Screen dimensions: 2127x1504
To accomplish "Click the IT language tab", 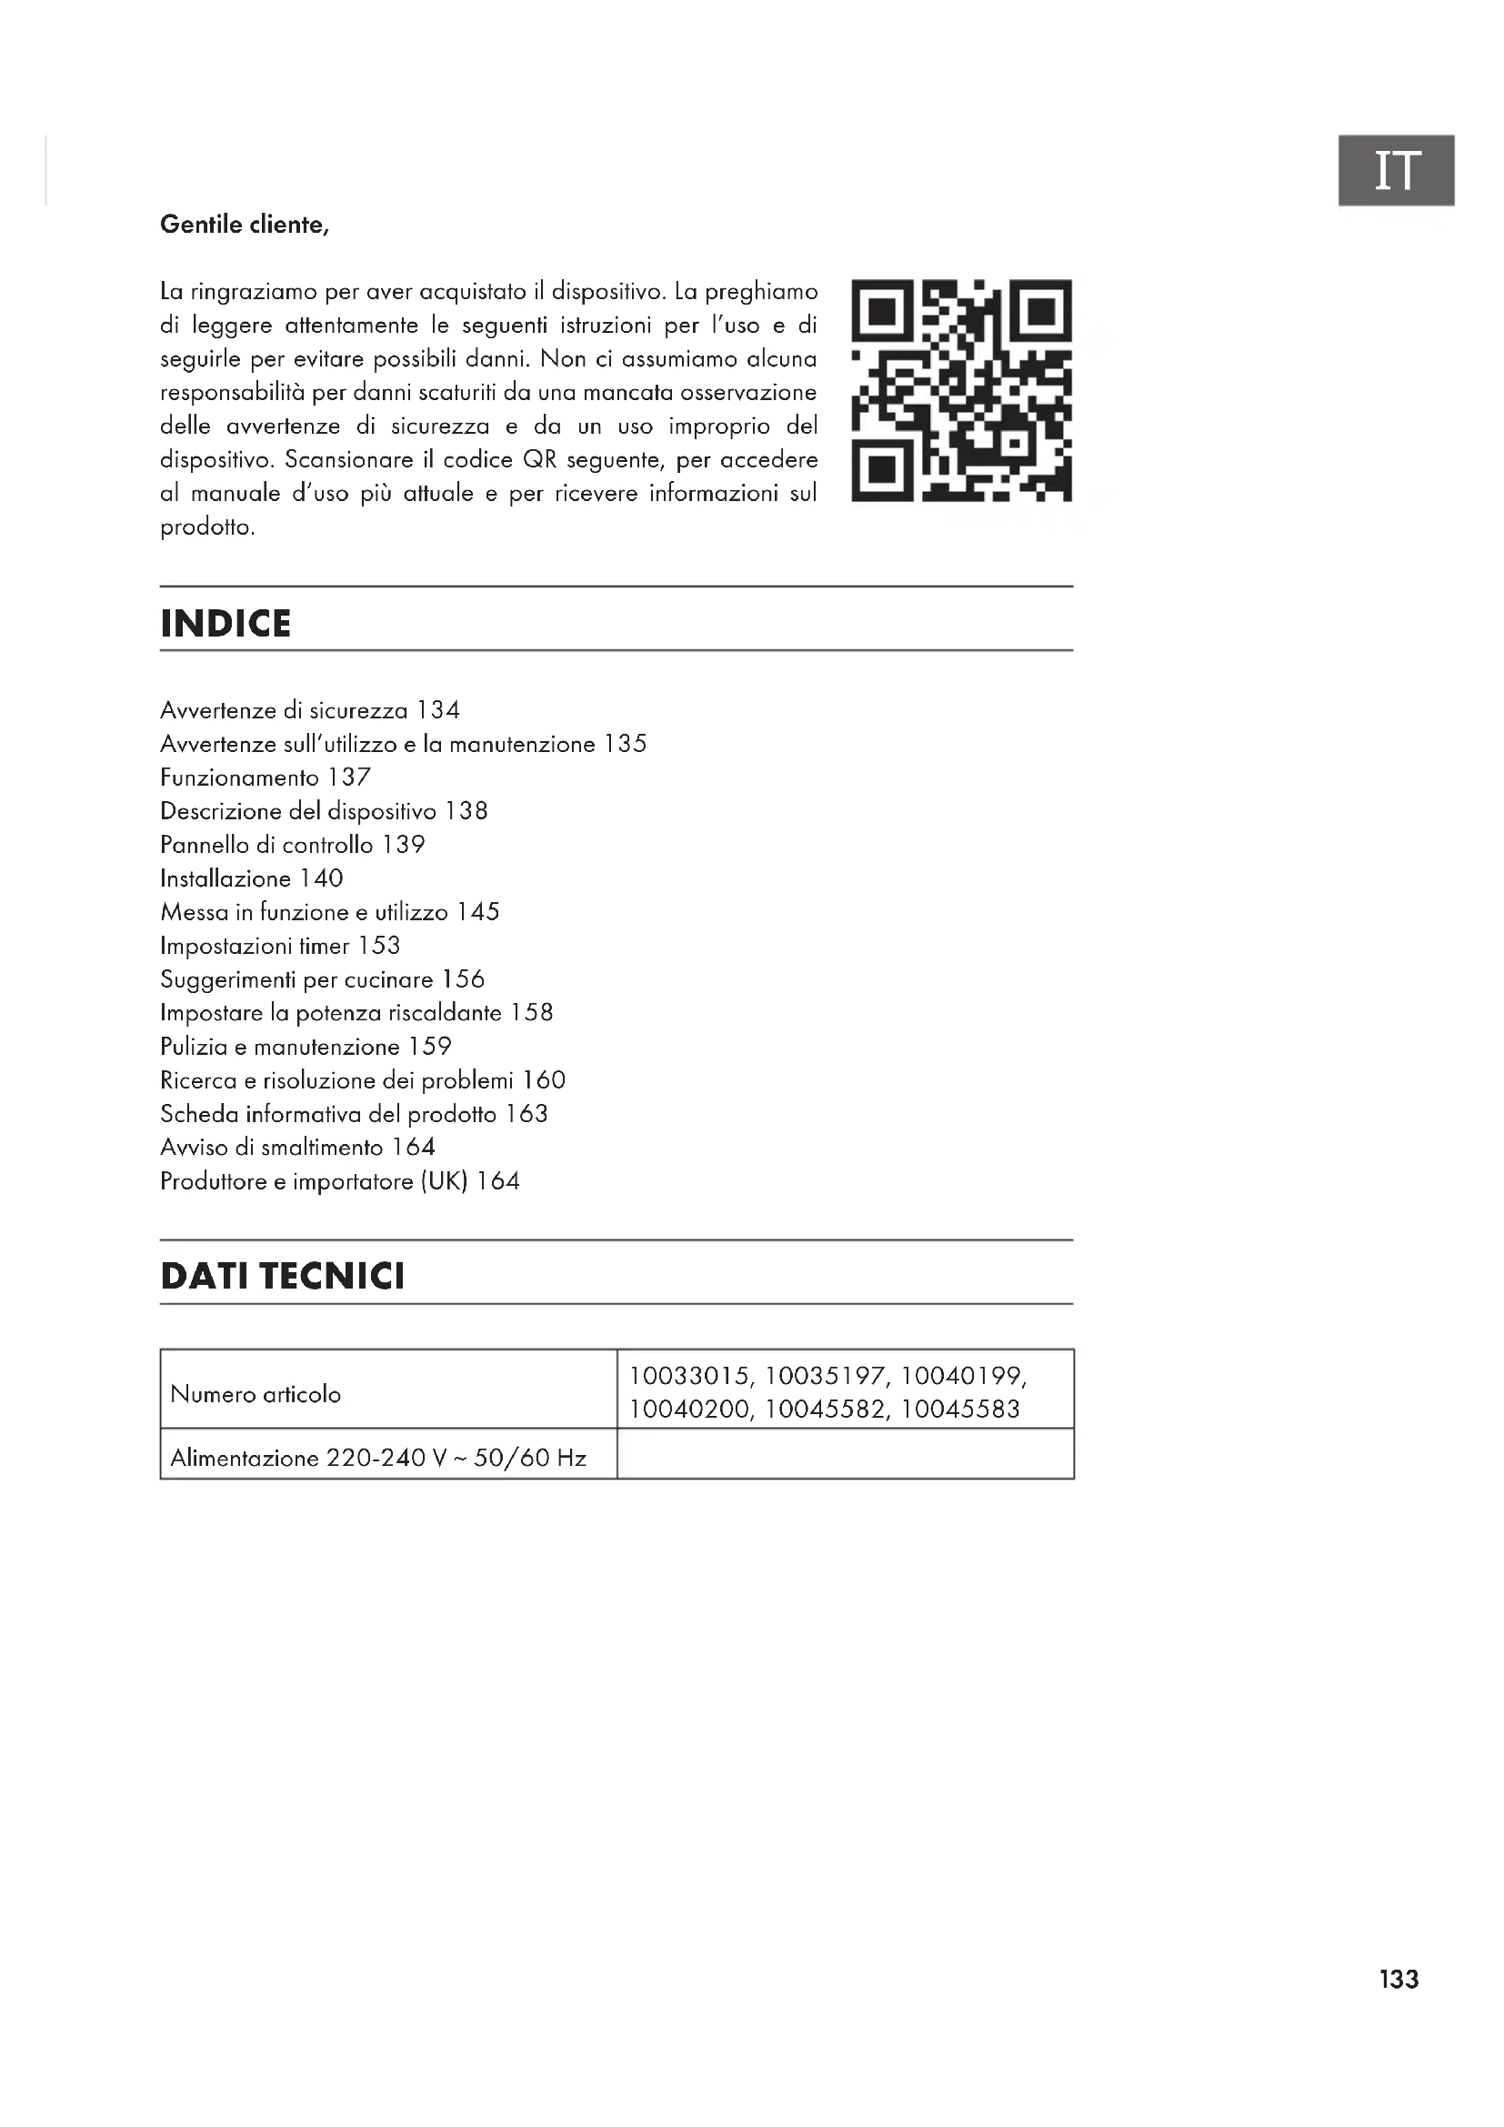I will pyautogui.click(x=1396, y=170).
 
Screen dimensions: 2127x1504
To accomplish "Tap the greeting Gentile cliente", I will pyautogui.click(x=245, y=226).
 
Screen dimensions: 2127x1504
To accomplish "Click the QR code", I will pyautogui.click(x=961, y=391).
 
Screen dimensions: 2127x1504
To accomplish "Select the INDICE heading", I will pyautogui.click(x=226, y=625).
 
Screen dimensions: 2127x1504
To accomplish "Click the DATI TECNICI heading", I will pyautogui.click(x=283, y=1277).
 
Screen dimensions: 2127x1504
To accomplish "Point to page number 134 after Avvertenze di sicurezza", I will pyautogui.click(x=438, y=710).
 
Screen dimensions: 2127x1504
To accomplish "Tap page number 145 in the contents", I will pyautogui.click(x=478, y=912).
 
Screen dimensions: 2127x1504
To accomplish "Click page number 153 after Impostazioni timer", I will pyautogui.click(x=379, y=946).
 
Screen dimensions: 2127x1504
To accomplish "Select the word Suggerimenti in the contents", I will pyautogui.click(x=227, y=980).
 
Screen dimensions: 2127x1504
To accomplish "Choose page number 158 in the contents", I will pyautogui.click(x=532, y=1012).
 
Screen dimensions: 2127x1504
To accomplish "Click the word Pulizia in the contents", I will pyautogui.click(x=194, y=1047).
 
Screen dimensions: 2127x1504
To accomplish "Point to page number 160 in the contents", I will pyautogui.click(x=544, y=1080).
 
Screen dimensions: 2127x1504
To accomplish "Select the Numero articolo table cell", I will pyautogui.click(x=256, y=1394).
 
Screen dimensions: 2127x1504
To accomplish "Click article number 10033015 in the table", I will pyautogui.click(x=691, y=1377).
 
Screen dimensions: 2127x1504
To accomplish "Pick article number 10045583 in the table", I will pyautogui.click(x=960, y=1410).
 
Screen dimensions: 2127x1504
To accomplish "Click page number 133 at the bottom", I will pyautogui.click(x=1399, y=1980).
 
